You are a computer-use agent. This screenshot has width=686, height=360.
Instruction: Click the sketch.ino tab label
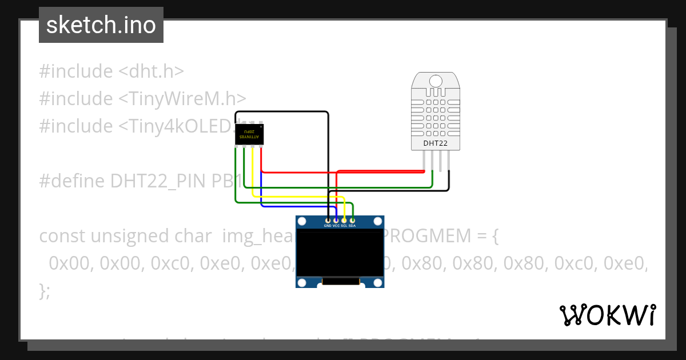[x=101, y=25]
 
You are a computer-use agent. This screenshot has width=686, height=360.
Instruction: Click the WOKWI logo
[x=607, y=315]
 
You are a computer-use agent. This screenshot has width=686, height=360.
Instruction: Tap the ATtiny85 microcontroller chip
[x=250, y=135]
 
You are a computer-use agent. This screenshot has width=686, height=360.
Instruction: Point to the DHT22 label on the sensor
[x=435, y=143]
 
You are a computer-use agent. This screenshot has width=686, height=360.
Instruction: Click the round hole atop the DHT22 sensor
[x=435, y=81]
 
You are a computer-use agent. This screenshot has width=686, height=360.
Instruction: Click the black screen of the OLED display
[x=340, y=253]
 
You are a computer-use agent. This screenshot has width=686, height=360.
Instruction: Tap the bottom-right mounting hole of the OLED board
[x=377, y=282]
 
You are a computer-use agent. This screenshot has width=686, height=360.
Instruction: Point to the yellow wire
[x=297, y=197]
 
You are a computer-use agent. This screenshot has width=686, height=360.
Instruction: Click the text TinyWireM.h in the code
[x=183, y=98]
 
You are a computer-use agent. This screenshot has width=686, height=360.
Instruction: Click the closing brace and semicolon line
[x=45, y=291]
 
